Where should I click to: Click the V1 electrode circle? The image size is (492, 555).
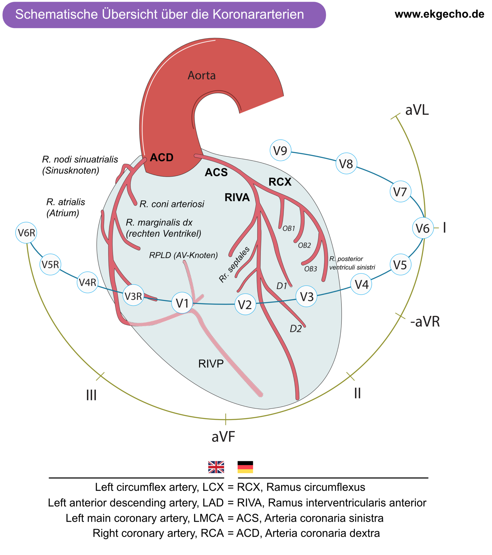(182, 303)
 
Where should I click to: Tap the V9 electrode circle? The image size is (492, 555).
(280, 150)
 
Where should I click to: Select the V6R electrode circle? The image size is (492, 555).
(26, 233)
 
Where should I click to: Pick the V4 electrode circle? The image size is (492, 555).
(361, 285)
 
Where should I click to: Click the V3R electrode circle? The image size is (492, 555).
(133, 296)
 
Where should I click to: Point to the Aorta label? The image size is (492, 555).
(202, 76)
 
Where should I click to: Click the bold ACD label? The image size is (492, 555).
(162, 157)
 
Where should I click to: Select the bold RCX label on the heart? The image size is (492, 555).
(280, 182)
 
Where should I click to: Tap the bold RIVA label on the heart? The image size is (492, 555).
(237, 197)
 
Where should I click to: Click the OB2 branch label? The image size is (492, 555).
(304, 246)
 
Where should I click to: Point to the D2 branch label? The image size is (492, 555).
(295, 329)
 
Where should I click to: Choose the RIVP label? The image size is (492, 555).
(211, 364)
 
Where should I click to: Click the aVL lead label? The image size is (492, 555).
(417, 110)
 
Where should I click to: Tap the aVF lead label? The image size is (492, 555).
(223, 437)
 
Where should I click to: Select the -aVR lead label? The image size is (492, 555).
(425, 322)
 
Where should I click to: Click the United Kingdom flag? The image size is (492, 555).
(216, 467)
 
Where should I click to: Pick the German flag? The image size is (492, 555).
(245, 467)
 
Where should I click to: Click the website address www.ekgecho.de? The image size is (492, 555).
(439, 14)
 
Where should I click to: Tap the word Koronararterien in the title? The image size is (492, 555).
(258, 14)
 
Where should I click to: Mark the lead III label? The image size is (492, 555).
(91, 395)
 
